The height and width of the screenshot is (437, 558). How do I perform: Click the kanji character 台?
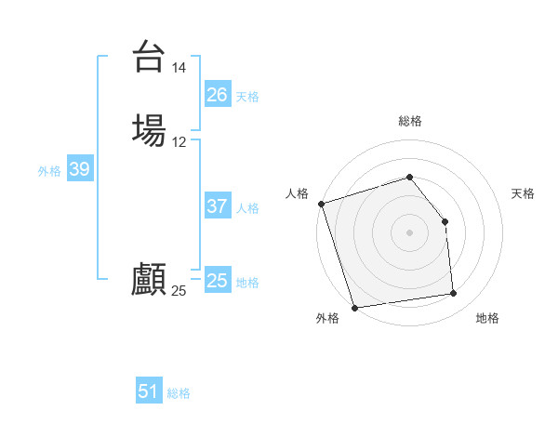click(150, 58)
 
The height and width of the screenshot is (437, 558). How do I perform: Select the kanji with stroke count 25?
click(149, 279)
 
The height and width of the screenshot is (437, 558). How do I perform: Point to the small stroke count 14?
click(179, 68)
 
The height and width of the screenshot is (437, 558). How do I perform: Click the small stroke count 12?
click(179, 142)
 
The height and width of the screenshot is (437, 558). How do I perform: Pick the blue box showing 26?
click(217, 95)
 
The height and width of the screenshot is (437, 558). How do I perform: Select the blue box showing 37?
click(217, 206)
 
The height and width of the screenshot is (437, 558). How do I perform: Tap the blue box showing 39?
click(79, 169)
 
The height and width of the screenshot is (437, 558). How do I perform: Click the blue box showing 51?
click(149, 391)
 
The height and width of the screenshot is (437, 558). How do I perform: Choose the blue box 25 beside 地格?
click(217, 281)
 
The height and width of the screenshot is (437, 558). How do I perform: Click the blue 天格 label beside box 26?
click(247, 97)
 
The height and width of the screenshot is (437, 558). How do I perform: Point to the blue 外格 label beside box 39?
click(49, 171)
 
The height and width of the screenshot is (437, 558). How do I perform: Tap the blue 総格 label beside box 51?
click(179, 393)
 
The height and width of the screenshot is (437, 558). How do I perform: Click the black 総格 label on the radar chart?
click(410, 121)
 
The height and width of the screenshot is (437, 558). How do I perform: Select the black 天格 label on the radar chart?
click(523, 193)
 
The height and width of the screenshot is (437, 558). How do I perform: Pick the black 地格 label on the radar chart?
click(487, 318)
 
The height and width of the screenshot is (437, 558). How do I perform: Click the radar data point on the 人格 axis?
click(321, 204)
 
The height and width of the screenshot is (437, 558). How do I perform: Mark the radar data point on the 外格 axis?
click(354, 307)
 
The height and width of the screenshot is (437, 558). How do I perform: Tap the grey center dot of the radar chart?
click(409, 232)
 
